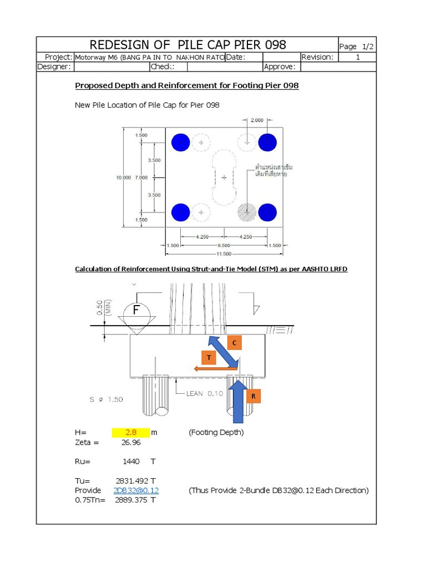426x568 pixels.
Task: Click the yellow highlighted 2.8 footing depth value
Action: point(131,433)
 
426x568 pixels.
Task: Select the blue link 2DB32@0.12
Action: point(136,490)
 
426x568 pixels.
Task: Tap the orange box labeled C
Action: point(234,343)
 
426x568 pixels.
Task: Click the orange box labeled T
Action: point(209,358)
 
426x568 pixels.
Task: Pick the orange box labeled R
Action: point(253,397)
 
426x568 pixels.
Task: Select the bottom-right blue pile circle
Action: point(267,211)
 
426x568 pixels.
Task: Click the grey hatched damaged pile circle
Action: point(246,211)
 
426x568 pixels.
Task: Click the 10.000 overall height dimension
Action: point(123,177)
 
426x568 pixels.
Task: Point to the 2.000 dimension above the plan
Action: point(257,120)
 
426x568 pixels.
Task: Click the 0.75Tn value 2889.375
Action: point(131,500)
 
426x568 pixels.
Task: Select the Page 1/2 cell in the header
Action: point(356,47)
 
